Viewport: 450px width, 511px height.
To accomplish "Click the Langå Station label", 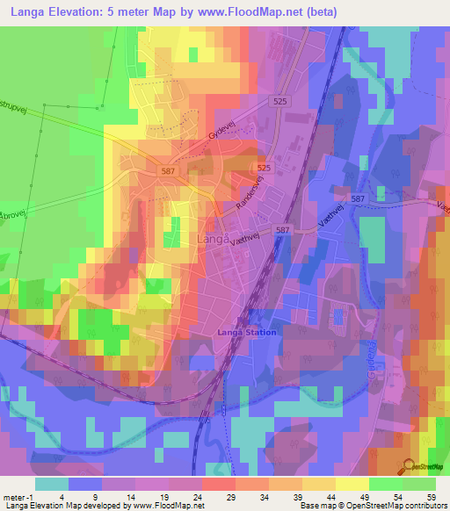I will [x=247, y=332].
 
